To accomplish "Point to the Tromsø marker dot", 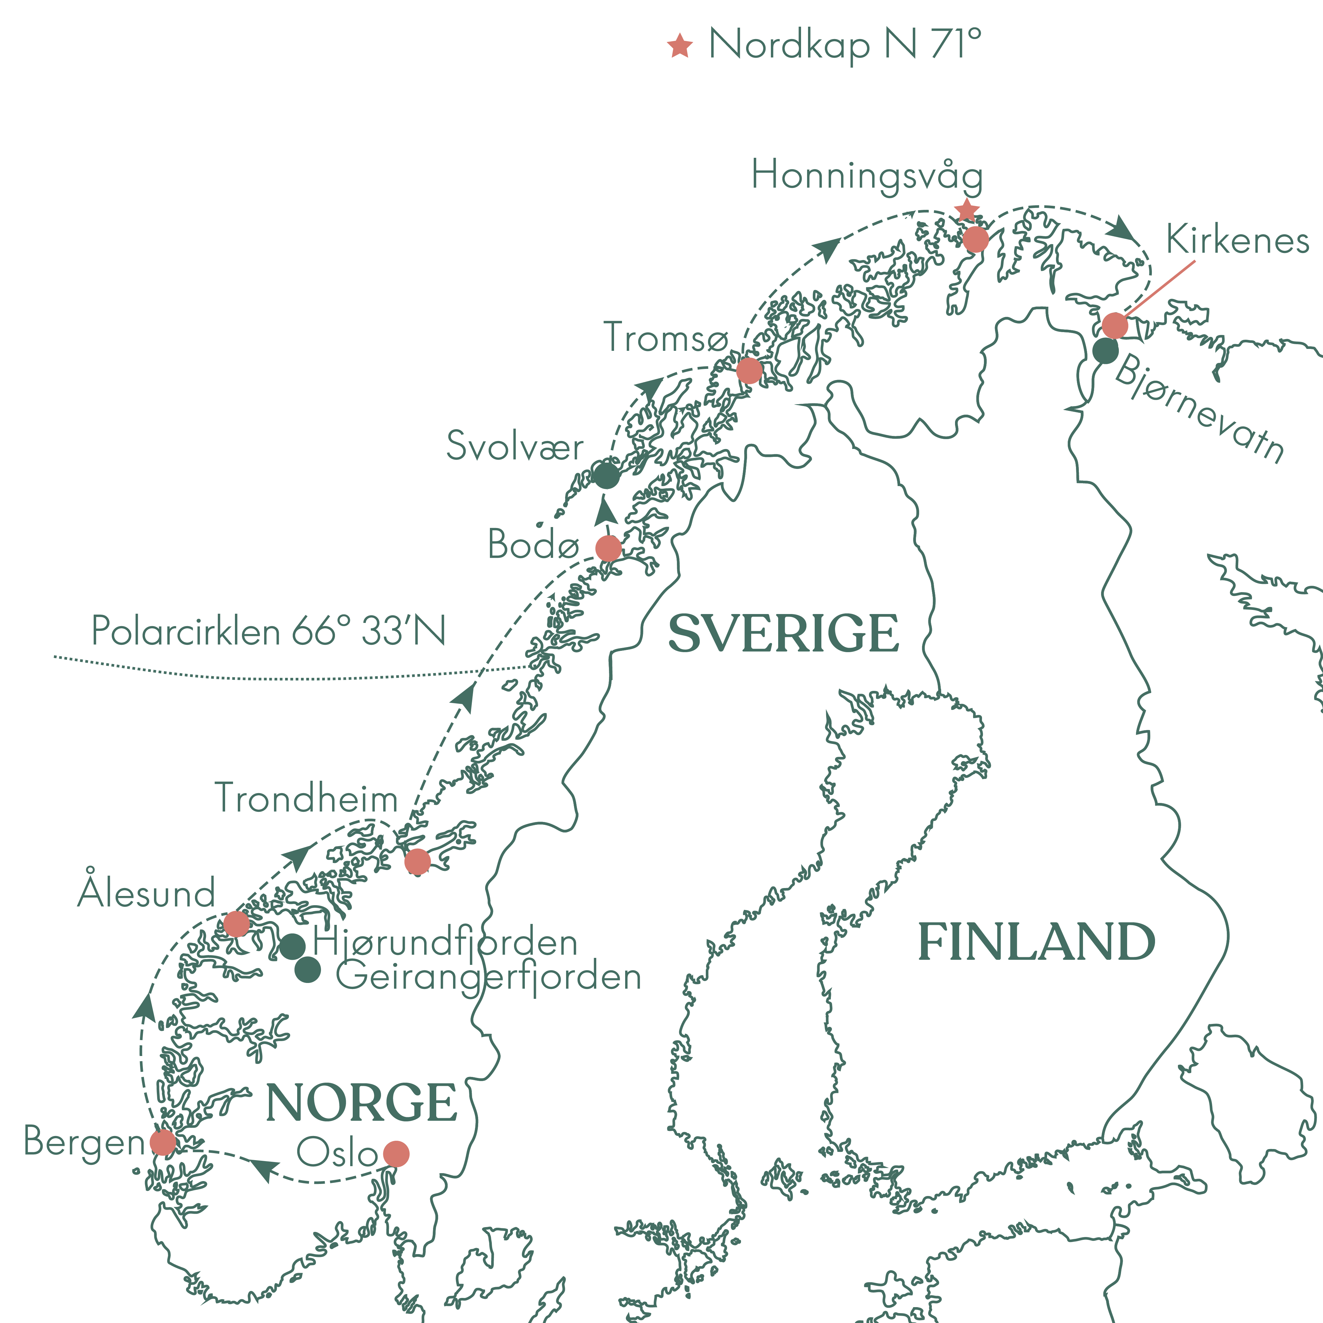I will pos(749,371).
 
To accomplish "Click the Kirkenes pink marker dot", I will pos(1115,325).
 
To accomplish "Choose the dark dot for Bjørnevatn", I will pos(1105,351).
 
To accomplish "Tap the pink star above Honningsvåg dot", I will pos(966,210).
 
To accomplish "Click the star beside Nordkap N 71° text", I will pos(680,46).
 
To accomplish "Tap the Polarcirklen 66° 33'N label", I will pos(268,631).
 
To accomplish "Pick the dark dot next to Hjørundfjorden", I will pos(292,946).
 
